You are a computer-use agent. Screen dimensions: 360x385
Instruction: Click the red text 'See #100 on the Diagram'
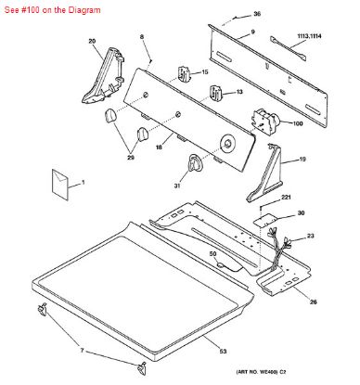click(x=52, y=10)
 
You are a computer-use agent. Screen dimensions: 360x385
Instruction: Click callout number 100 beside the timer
click(x=298, y=123)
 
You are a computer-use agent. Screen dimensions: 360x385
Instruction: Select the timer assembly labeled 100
click(x=264, y=122)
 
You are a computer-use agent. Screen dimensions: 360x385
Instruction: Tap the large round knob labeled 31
click(x=195, y=162)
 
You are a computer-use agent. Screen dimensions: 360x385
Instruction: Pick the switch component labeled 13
click(x=216, y=94)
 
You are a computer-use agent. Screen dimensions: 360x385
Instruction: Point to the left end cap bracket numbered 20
click(x=103, y=75)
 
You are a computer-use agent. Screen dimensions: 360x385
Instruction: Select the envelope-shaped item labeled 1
click(x=59, y=185)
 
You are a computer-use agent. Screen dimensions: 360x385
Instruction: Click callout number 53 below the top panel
click(x=223, y=351)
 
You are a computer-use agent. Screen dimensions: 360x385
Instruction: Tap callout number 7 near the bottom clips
click(x=82, y=351)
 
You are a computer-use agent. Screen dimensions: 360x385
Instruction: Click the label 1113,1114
click(x=309, y=36)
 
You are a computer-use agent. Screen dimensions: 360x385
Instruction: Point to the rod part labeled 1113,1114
click(x=289, y=48)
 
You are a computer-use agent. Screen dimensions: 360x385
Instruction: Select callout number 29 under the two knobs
click(x=131, y=158)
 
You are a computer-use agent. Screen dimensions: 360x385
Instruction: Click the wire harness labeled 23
click(x=279, y=249)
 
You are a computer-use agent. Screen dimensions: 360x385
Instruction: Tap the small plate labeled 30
click(x=263, y=220)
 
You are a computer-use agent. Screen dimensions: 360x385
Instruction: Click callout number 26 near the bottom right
click(x=314, y=302)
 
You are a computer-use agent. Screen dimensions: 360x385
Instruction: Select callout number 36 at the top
click(x=257, y=14)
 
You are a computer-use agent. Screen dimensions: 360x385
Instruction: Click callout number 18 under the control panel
click(x=159, y=148)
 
